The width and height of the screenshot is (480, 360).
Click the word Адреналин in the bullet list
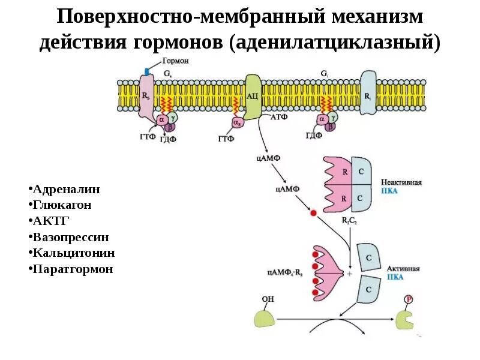68,190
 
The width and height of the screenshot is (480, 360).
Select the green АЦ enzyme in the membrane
252,96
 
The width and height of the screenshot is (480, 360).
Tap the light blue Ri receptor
368,93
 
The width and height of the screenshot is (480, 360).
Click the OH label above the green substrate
267,298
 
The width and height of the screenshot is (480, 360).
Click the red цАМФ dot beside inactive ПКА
313,212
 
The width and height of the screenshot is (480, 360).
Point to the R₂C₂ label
349,221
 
